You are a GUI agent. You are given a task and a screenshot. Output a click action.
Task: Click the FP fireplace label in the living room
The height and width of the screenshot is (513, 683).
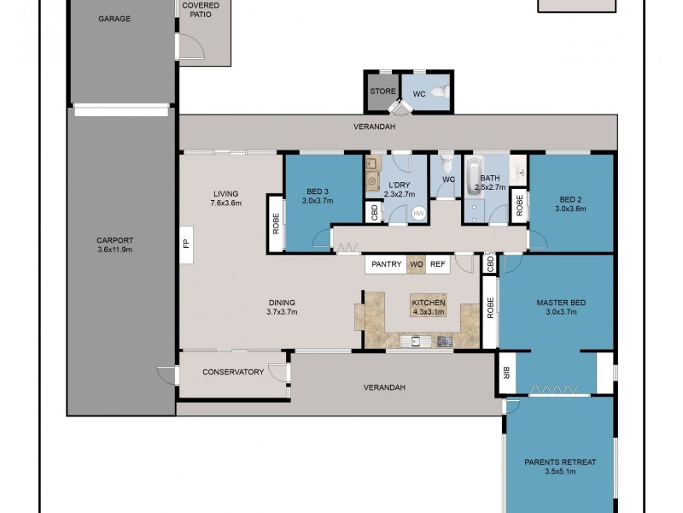point(186,244)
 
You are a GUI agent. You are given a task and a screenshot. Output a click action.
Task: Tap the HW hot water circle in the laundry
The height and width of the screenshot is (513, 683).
point(418,213)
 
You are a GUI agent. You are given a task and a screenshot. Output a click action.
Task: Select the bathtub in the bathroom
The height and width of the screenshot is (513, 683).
point(474,175)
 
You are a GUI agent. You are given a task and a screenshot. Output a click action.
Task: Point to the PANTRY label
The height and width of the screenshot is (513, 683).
point(387,264)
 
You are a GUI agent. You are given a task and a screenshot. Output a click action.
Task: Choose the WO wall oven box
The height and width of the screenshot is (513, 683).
point(417,264)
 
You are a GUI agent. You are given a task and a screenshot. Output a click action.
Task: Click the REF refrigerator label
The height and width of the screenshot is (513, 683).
point(438,264)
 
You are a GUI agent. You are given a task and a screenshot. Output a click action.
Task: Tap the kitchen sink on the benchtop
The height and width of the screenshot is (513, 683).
point(416,340)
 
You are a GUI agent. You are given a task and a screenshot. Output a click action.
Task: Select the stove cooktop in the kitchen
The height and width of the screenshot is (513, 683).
point(444,341)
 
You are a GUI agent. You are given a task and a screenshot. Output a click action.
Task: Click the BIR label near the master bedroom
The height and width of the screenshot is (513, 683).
point(506,373)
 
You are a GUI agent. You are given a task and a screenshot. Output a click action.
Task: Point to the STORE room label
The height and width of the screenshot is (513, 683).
point(382,91)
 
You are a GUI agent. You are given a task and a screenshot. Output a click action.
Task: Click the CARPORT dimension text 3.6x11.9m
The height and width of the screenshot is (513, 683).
point(115,250)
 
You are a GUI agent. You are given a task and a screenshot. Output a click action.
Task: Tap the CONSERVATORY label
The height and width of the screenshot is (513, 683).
point(233,372)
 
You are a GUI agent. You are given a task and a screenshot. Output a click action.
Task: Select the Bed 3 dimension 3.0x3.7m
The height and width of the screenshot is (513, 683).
point(318,201)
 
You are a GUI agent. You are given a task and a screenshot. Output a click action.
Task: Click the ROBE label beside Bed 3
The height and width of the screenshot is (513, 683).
point(276,223)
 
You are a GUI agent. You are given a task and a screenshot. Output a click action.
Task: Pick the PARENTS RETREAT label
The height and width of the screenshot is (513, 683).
point(560,462)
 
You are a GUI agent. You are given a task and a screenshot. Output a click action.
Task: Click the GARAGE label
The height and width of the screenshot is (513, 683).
point(114,19)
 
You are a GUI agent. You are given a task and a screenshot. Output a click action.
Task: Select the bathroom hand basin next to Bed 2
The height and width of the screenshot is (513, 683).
point(518,169)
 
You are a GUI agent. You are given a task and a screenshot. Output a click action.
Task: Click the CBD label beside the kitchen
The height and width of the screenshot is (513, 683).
point(489,264)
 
